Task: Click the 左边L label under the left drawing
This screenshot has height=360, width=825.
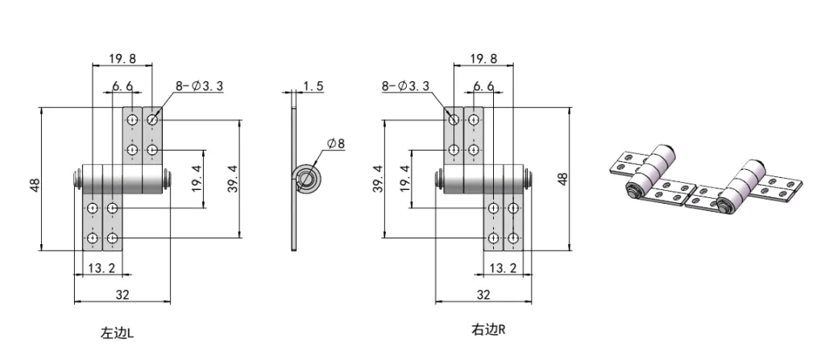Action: click(122, 331)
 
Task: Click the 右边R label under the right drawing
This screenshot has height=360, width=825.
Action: click(488, 329)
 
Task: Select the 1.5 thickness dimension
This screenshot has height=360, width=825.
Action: click(314, 85)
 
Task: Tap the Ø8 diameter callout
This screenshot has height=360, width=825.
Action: click(335, 143)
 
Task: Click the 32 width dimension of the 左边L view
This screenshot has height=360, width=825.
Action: click(122, 295)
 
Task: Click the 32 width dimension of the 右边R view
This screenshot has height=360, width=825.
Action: click(483, 295)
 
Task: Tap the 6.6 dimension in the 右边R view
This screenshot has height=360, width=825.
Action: click(483, 85)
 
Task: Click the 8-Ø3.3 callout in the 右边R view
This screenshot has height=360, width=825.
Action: click(408, 85)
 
